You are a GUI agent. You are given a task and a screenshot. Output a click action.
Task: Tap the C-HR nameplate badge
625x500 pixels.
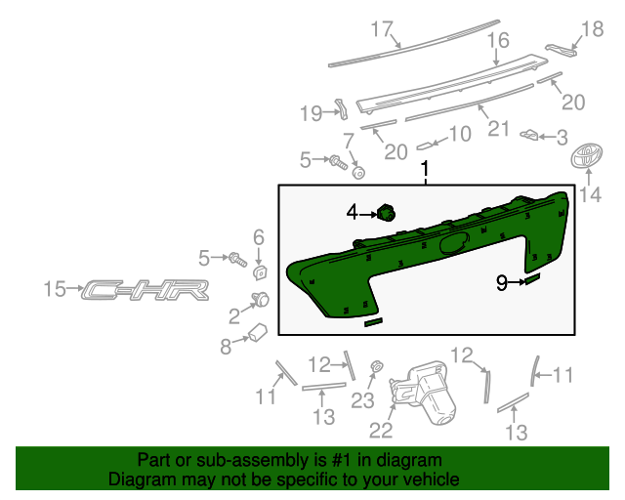tap(146, 290)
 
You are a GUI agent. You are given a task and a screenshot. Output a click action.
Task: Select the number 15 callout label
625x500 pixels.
tap(57, 289)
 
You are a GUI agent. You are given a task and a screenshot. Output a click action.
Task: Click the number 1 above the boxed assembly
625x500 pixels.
tap(425, 171)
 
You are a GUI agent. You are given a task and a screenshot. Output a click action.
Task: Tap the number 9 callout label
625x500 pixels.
tap(502, 283)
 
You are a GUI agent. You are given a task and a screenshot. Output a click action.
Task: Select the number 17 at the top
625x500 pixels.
tap(381, 27)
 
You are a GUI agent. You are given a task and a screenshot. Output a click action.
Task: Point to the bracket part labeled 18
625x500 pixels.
tap(559, 49)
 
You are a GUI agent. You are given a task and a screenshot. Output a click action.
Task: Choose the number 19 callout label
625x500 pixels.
tap(311, 114)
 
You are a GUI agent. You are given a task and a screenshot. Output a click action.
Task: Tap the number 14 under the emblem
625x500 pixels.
tap(590, 195)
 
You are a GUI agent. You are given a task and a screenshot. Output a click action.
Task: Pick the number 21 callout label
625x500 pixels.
tap(499, 128)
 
